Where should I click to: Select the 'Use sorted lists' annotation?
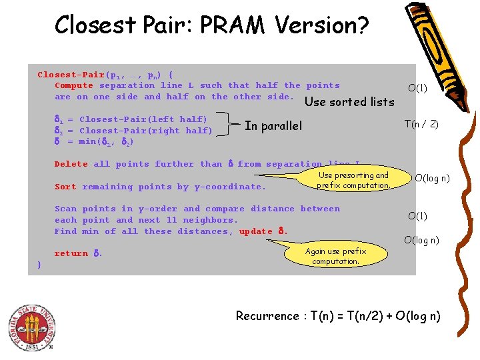coord(349,102)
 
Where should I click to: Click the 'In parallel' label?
coord(273,126)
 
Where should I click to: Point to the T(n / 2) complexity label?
coord(421,124)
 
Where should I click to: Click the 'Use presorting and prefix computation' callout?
coord(353,180)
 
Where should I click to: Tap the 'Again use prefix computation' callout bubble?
coord(335,256)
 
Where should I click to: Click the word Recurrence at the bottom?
coord(267,316)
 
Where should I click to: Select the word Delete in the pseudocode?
coord(71,164)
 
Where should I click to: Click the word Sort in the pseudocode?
coord(65,187)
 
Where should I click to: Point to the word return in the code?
coord(71,253)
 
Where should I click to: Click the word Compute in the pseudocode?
coord(74,85)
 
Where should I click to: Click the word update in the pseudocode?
coord(256,231)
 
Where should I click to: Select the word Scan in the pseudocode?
coord(65,209)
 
